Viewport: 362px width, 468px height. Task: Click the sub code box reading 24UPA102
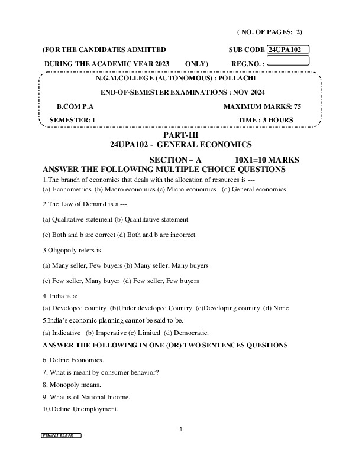288,50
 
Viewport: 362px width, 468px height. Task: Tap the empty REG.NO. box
289,60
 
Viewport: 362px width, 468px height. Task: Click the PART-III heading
180,136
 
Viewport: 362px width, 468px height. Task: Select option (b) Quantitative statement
151,219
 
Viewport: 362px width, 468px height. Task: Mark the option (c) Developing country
228,308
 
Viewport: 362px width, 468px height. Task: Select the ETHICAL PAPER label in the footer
60,435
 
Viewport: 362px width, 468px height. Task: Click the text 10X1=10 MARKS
267,160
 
